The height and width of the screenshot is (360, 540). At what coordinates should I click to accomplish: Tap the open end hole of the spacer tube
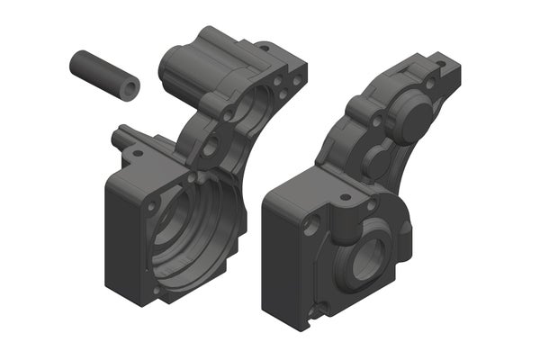click(131, 87)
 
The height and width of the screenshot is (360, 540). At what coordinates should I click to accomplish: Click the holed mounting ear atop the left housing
click(265, 48)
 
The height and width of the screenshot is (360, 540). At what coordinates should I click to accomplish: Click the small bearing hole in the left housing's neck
click(213, 144)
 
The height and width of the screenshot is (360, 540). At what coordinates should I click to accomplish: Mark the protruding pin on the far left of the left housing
click(118, 138)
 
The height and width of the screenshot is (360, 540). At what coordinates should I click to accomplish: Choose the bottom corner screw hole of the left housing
click(156, 292)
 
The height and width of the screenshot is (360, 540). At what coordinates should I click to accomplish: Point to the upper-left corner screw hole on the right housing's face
click(311, 226)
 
